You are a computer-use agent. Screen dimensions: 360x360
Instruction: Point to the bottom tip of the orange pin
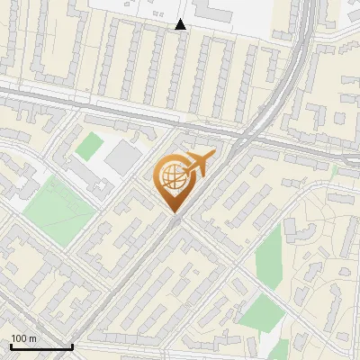pos(176,212)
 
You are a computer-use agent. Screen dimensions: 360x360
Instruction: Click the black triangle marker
pos(180,25)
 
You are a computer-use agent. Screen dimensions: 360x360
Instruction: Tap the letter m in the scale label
pos(33,338)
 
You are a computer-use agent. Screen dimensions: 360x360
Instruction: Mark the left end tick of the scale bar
pos(12,346)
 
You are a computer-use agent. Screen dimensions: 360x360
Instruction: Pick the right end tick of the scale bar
pos(72,346)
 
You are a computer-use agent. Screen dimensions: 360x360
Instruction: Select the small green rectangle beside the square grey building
pos(88,146)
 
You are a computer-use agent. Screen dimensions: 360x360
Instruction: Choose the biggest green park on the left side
pos(58,210)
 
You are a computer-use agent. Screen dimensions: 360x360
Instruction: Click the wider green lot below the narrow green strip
pos(262,312)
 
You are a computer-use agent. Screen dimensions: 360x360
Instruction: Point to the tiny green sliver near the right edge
pos(334,169)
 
